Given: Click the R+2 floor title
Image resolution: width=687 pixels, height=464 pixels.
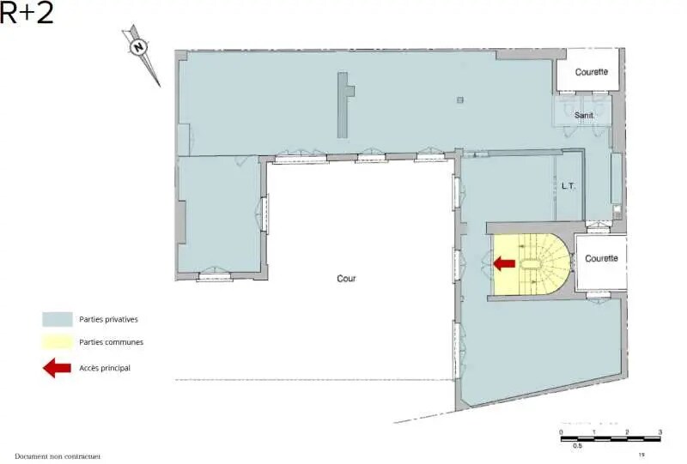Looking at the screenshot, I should [27, 13].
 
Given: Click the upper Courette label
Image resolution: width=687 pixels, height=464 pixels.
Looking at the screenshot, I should [591, 72].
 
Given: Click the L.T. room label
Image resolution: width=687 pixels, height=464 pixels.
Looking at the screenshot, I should [568, 185].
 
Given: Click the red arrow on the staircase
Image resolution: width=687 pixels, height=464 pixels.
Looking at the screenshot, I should [504, 263].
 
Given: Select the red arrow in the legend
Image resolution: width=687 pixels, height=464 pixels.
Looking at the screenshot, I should [57, 368].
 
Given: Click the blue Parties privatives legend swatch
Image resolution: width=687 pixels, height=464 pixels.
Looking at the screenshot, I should [57, 319].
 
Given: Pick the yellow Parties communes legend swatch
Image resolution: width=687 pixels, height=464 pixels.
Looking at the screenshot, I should [57, 341].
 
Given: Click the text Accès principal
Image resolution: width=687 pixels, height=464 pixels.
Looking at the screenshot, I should [105, 368].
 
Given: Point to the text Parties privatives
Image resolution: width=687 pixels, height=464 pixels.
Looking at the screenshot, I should [108, 319].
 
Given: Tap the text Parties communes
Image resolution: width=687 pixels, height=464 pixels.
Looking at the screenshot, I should [111, 341].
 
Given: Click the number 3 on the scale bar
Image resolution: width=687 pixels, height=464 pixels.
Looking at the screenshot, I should [660, 431].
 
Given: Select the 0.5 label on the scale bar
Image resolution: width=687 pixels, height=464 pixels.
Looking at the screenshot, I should [577, 446].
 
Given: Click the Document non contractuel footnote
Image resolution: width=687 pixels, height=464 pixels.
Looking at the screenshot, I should [58, 456].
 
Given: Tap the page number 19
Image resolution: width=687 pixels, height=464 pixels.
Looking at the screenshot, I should [641, 455].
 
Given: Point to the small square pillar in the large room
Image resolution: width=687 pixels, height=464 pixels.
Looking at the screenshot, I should [460, 101].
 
